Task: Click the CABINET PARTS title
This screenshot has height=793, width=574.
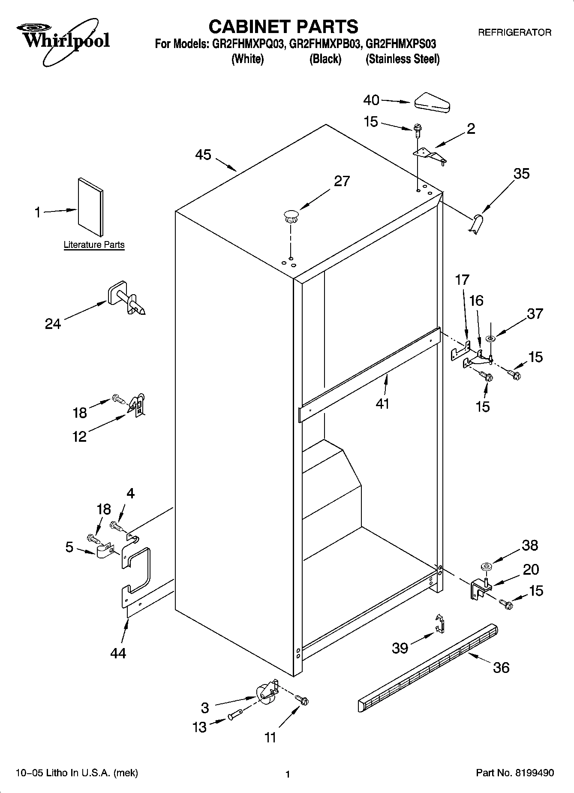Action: click(x=283, y=27)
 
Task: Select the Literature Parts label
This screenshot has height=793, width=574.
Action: click(x=94, y=245)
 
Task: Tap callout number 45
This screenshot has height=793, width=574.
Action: click(x=203, y=155)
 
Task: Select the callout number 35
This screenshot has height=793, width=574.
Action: click(x=521, y=174)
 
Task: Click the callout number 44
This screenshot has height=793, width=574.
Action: click(x=118, y=653)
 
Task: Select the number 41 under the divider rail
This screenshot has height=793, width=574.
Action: click(x=382, y=404)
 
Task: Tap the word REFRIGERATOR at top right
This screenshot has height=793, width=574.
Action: click(x=514, y=32)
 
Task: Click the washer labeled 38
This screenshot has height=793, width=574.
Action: click(x=486, y=567)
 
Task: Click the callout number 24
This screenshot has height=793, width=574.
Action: click(x=53, y=324)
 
